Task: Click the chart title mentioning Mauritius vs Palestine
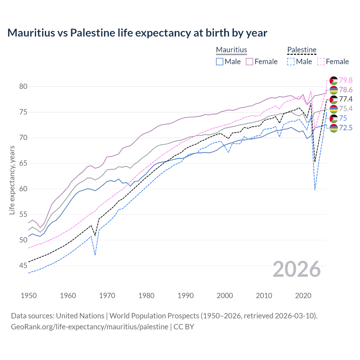coord(137,33)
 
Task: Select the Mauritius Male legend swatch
coord(220,62)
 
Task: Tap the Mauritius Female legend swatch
coord(249,62)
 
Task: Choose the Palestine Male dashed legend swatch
coord(291,62)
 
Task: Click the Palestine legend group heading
coord(302,50)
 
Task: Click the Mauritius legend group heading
coord(231,50)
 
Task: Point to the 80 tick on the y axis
coord(23,86)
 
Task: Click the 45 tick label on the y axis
coord(23,265)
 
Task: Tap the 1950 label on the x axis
coord(29,296)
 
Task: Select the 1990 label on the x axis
coord(186,296)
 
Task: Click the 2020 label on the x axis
coord(303,296)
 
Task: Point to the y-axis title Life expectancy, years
coord(12,180)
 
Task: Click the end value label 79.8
coord(346,80)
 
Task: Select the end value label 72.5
coord(346,128)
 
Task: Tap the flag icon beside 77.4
coord(334,99)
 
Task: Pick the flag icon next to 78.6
coord(334,90)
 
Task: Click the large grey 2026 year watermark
coord(297,269)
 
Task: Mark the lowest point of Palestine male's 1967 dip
coord(95,255)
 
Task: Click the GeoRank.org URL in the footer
coord(89,327)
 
